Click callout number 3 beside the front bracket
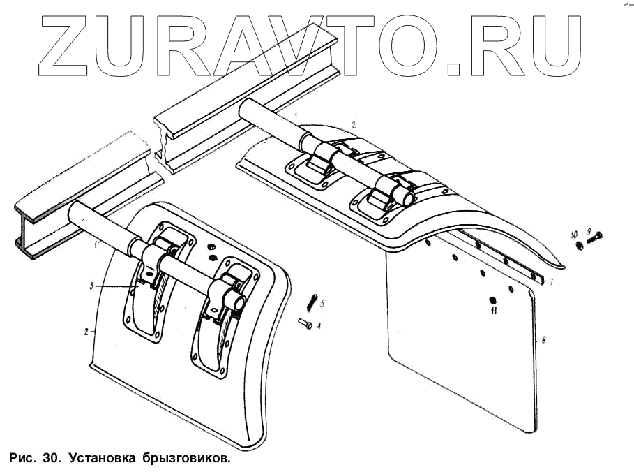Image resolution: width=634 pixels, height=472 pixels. tap(91, 286)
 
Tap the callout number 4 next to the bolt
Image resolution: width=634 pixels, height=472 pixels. tap(319, 325)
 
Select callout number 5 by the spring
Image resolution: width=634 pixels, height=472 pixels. tap(320, 302)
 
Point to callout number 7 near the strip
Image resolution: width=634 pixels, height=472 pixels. tap(550, 282)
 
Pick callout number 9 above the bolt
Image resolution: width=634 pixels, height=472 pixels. tap(589, 231)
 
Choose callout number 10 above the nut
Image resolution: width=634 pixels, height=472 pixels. tap(574, 232)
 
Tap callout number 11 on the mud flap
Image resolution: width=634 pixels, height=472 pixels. tap(493, 311)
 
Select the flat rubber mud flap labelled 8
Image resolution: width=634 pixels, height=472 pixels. tap(460, 342)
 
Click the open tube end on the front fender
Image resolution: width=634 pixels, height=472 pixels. tap(239, 302)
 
